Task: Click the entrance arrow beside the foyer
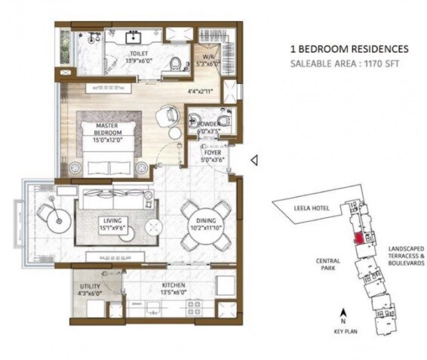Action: click(x=254, y=159)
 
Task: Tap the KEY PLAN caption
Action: click(x=344, y=330)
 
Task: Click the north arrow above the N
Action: click(x=344, y=311)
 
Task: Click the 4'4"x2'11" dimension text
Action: click(x=201, y=91)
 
